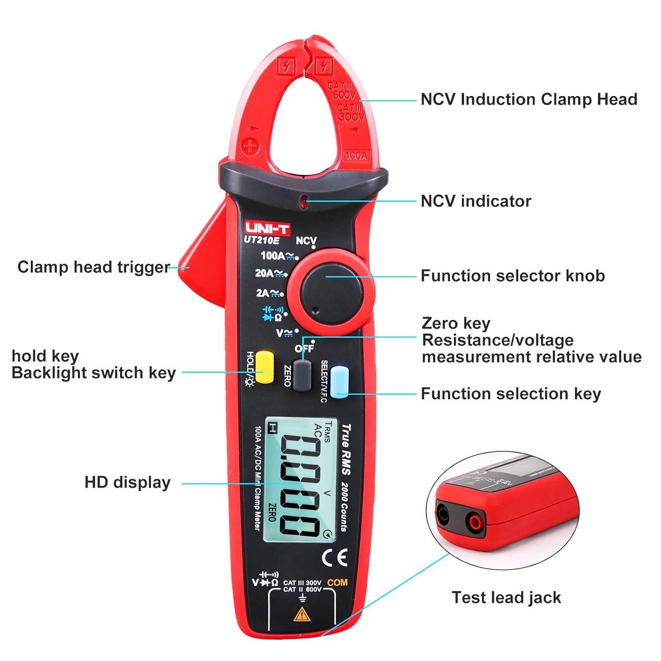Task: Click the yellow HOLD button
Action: click(x=264, y=367)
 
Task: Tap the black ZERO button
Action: click(x=302, y=375)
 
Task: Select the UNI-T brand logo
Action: click(x=267, y=228)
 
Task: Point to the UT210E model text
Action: click(x=262, y=240)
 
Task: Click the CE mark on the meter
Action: click(x=334, y=558)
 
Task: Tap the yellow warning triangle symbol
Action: click(x=302, y=614)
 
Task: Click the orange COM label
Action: click(x=337, y=583)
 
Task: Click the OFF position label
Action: click(x=304, y=348)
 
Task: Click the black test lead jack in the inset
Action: click(x=442, y=514)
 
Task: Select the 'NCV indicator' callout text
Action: click(x=476, y=201)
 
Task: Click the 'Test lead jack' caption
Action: click(x=506, y=598)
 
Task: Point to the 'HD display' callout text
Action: click(x=127, y=483)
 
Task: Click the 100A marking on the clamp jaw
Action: click(x=356, y=156)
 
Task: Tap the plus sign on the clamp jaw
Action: click(x=250, y=146)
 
